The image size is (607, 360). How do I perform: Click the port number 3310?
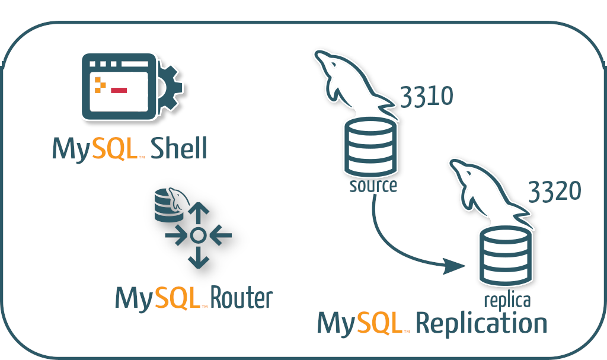click(x=427, y=97)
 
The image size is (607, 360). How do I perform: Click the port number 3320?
click(x=554, y=191)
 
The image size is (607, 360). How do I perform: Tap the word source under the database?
click(x=373, y=186)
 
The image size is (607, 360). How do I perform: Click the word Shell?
click(x=179, y=148)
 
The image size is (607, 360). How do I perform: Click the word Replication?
click(x=481, y=324)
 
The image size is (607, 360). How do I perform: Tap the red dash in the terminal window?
click(x=119, y=90)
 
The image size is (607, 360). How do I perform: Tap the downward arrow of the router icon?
click(x=198, y=258)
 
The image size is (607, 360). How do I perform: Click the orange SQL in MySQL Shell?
click(x=115, y=148)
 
